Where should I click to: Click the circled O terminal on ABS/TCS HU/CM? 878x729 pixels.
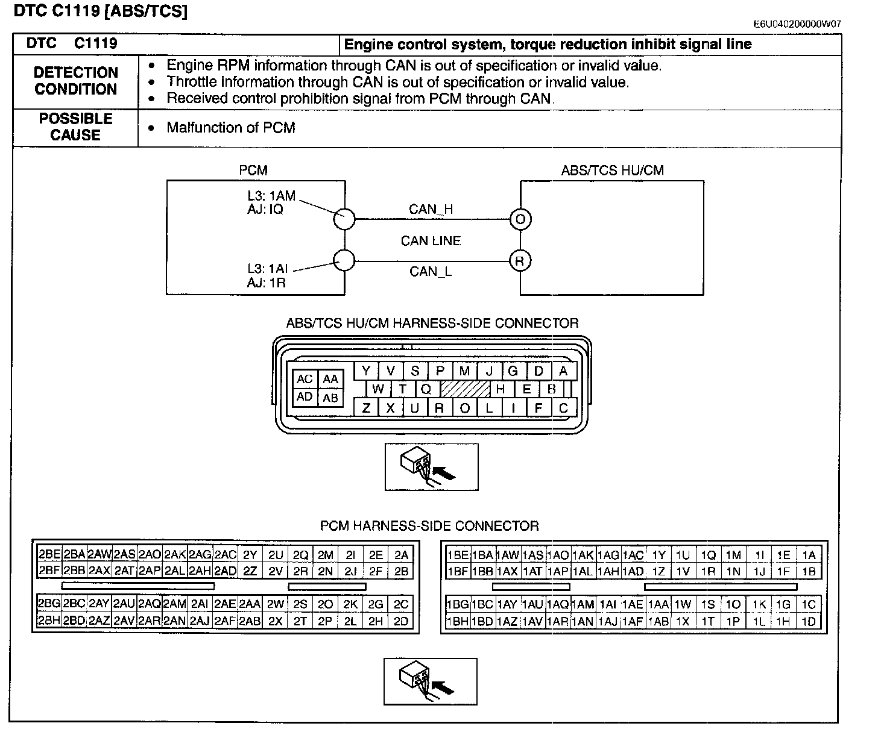pyautogui.click(x=520, y=219)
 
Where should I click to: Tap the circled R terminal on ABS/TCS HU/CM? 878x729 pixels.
pyautogui.click(x=520, y=261)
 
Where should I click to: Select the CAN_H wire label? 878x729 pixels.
pyautogui.click(x=431, y=209)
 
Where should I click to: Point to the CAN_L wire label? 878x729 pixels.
pyautogui.click(x=431, y=272)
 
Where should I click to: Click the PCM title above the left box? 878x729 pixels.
pyautogui.click(x=253, y=170)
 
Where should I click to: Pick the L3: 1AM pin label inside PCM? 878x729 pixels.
pyautogui.click(x=271, y=195)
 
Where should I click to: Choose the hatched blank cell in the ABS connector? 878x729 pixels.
pyautogui.click(x=465, y=389)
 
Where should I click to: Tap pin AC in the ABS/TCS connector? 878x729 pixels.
pyautogui.click(x=305, y=379)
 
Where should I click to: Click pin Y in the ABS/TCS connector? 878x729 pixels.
pyautogui.click(x=366, y=371)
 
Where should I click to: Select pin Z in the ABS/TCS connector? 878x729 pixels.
pyautogui.click(x=366, y=408)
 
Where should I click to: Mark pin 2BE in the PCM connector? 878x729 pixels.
pyautogui.click(x=49, y=555)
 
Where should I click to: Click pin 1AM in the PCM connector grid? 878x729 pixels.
pyautogui.click(x=583, y=604)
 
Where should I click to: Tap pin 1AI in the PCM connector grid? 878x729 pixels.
pyautogui.click(x=608, y=604)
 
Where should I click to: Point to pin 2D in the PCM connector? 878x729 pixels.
pyautogui.click(x=401, y=621)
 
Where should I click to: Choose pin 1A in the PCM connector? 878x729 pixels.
pyautogui.click(x=809, y=555)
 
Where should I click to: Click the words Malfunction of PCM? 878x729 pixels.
pyautogui.click(x=231, y=127)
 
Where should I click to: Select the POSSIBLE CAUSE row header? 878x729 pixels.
pyautogui.click(x=76, y=127)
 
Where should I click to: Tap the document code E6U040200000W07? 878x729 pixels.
pyautogui.click(x=797, y=24)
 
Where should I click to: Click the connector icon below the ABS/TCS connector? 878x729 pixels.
pyautogui.click(x=431, y=467)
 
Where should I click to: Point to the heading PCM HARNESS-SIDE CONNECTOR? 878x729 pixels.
pyautogui.click(x=429, y=525)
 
